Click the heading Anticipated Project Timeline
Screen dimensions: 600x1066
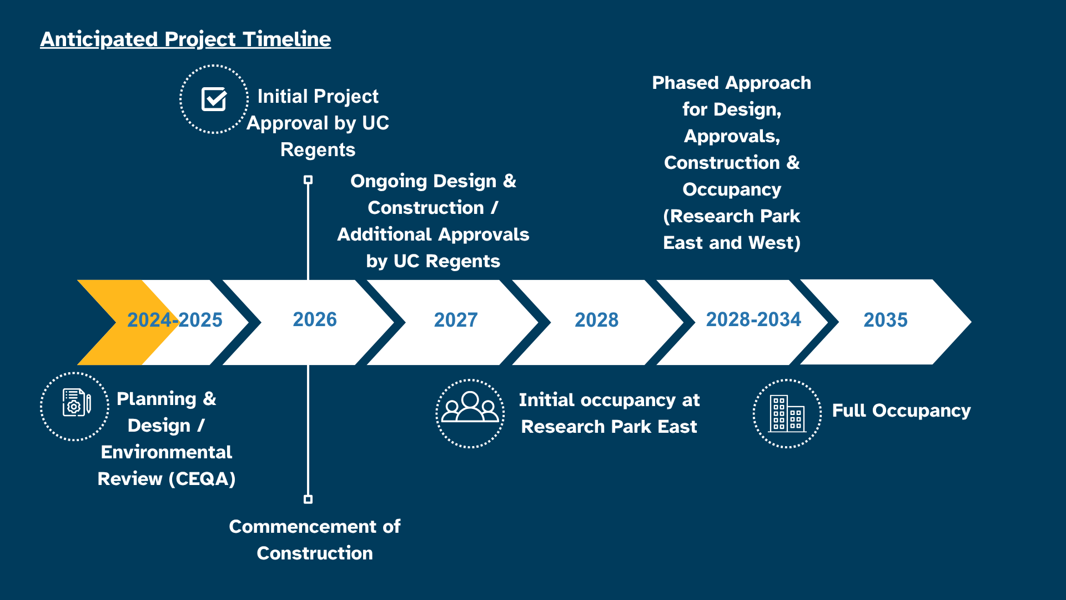click(185, 39)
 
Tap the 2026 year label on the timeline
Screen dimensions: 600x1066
click(315, 319)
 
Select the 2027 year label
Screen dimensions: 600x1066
click(455, 320)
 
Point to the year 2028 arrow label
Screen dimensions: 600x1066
click(596, 320)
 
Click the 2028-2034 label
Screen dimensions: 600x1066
click(753, 319)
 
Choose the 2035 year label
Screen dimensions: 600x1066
click(885, 320)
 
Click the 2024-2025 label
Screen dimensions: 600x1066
click(174, 320)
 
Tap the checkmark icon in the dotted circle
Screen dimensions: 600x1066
click(214, 99)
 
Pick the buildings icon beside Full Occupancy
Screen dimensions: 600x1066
click(787, 414)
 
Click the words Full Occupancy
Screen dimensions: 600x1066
click(901, 411)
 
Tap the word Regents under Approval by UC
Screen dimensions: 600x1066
click(318, 150)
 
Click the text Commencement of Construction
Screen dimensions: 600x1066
click(315, 539)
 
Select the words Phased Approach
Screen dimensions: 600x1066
click(731, 83)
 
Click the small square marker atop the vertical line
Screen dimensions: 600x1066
click(308, 180)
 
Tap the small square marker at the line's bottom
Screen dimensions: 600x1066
click(308, 499)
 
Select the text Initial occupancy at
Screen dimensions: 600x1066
click(609, 400)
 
